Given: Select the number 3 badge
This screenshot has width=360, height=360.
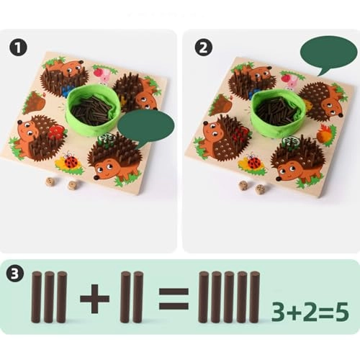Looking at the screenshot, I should pyautogui.click(x=16, y=275).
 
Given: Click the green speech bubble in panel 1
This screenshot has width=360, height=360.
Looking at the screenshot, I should pyautogui.click(x=145, y=127).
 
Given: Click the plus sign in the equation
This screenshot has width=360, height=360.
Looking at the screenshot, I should pyautogui.click(x=94, y=297).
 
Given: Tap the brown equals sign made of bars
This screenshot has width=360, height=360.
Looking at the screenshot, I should pyautogui.click(x=173, y=297).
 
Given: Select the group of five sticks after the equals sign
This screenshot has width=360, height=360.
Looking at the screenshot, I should pyautogui.click(x=228, y=297).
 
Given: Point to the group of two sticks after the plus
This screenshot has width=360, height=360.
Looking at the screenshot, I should pyautogui.click(x=131, y=297).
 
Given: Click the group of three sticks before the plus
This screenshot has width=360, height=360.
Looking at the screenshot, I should pyautogui.click(x=48, y=297).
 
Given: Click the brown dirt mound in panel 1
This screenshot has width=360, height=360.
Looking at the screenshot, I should pyautogui.click(x=35, y=104).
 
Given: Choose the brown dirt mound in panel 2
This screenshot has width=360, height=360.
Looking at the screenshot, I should pyautogui.click(x=221, y=104).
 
